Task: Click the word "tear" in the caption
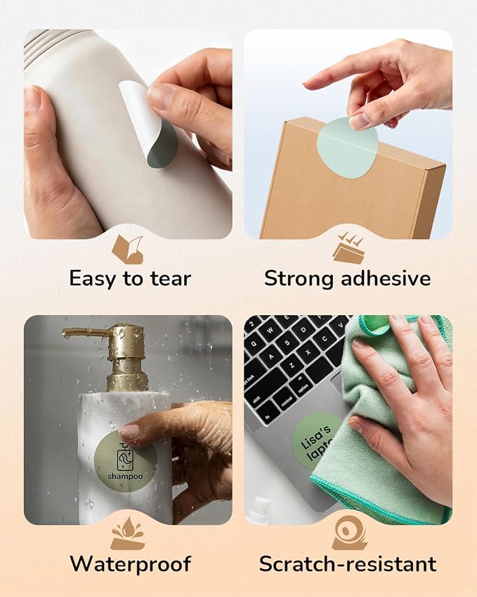tap(170, 278)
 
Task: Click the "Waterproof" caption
tap(131, 564)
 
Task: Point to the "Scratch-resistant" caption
tap(348, 564)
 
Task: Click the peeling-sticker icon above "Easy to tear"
tap(128, 250)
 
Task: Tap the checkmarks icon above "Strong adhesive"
tap(348, 249)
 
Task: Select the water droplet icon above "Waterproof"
tap(128, 533)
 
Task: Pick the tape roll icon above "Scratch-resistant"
tap(349, 533)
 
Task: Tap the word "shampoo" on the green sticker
tap(125, 476)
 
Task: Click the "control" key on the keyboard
tap(286, 402)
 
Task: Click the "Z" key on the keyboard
tap(292, 365)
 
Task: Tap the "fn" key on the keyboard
tap(267, 416)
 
